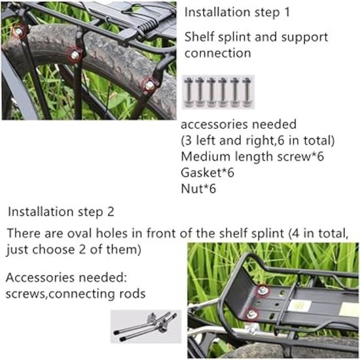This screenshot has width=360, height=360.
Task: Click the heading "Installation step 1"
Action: point(237,12)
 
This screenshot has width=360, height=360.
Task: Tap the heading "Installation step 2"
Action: point(61,211)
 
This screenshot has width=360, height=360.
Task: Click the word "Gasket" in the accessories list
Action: point(201,172)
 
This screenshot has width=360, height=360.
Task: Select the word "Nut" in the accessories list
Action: point(191,189)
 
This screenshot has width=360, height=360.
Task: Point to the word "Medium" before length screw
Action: point(206,156)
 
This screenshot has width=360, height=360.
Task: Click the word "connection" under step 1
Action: point(218,53)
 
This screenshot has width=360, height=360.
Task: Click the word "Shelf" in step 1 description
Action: point(199,37)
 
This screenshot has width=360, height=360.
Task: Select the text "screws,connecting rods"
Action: point(75,294)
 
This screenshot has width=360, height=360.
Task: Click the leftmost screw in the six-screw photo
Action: point(189,92)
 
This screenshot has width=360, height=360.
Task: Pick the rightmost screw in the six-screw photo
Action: point(247,92)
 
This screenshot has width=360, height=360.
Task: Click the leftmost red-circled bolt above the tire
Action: point(18,31)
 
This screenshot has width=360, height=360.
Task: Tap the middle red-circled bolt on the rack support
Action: point(75,54)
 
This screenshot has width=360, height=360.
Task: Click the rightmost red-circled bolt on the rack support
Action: point(150,85)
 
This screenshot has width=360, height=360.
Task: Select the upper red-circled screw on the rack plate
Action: point(262,291)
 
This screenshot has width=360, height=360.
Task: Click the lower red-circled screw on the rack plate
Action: point(251,314)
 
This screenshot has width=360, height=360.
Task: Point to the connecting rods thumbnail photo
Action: point(146,326)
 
